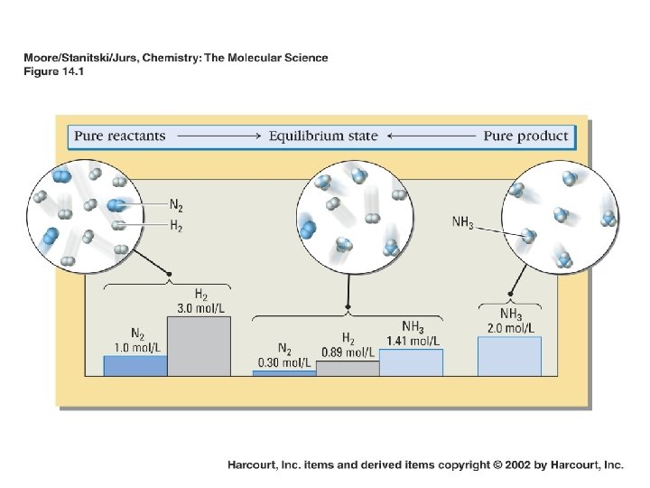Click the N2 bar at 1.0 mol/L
tap(135, 365)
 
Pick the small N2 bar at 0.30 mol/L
tap(284, 372)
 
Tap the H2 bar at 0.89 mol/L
tap(348, 368)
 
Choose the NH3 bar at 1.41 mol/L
tap(411, 361)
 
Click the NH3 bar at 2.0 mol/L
tap(508, 355)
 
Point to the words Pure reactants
tap(120, 136)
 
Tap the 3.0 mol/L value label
tap(200, 307)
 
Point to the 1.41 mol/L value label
tap(413, 340)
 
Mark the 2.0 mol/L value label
tap(510, 327)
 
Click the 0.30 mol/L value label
tap(284, 362)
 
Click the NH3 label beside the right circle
tap(461, 221)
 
